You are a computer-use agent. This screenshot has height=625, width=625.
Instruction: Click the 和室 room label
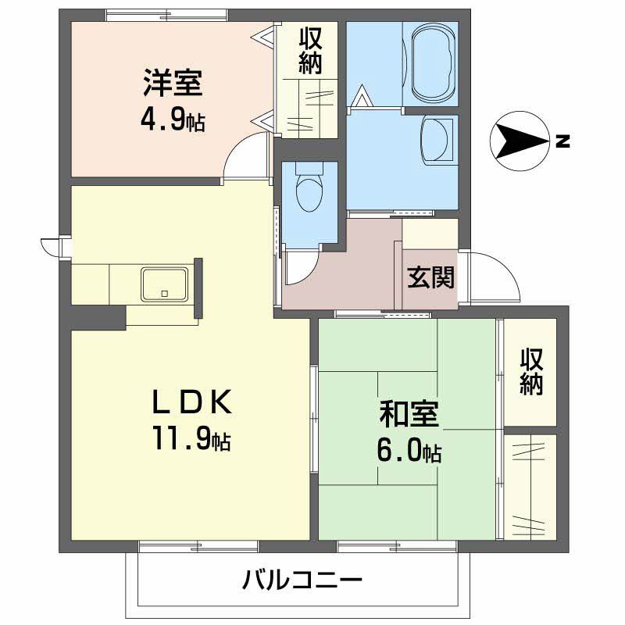click(409, 414)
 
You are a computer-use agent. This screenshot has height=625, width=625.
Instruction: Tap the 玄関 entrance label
click(430, 277)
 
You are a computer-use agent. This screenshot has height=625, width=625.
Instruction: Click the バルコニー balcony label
click(302, 581)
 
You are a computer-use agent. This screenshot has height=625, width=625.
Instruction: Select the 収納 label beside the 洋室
click(310, 51)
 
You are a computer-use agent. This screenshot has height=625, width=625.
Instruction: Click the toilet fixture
click(309, 187)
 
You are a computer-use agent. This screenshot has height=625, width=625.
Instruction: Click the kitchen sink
click(164, 284)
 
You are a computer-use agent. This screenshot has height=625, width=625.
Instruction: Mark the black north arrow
click(519, 141)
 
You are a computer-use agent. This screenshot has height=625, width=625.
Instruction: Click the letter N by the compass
click(562, 141)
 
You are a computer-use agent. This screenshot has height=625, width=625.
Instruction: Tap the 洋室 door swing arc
click(248, 154)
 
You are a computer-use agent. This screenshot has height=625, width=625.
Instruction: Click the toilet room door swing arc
click(299, 270)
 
